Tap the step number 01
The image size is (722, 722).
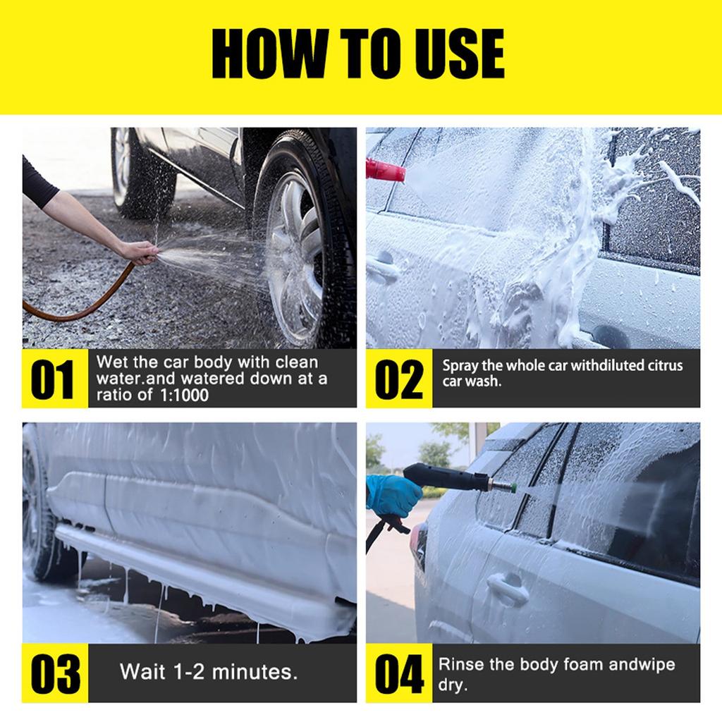click(x=52, y=379)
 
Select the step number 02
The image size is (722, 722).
click(x=399, y=379)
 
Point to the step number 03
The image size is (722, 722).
click(x=55, y=673)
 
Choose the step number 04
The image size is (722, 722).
click(x=399, y=673)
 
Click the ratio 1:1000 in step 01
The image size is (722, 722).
click(x=184, y=395)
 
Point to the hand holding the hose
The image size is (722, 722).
click(x=139, y=252)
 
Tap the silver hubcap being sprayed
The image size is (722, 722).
click(x=295, y=258)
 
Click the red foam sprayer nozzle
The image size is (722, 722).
click(x=385, y=170)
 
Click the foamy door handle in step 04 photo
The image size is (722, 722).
click(x=508, y=589)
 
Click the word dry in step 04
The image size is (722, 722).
click(x=453, y=685)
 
